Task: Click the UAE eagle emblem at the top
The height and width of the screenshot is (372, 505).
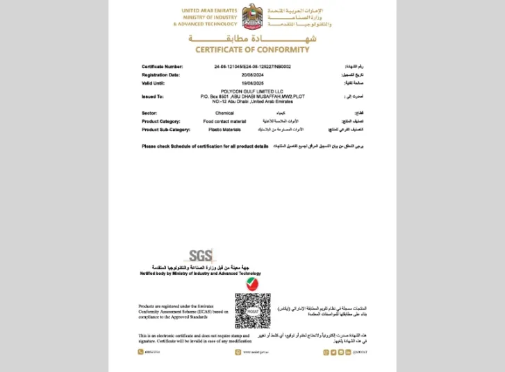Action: pos(251,16)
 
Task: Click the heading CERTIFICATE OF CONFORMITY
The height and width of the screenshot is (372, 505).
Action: pos(252,50)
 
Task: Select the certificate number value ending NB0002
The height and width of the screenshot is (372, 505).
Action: pos(252,67)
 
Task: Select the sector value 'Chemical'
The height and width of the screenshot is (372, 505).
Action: pos(224,112)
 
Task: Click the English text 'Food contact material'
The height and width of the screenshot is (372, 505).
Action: pos(224,121)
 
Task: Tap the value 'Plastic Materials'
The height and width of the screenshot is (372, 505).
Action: pos(224,129)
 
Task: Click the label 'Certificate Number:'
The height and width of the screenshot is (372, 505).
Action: pos(162,67)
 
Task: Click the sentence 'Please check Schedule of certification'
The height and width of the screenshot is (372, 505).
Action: pos(205,146)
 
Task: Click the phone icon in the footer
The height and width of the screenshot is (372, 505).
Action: pos(140,352)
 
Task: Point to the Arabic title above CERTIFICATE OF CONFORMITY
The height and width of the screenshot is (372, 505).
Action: pos(251,38)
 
